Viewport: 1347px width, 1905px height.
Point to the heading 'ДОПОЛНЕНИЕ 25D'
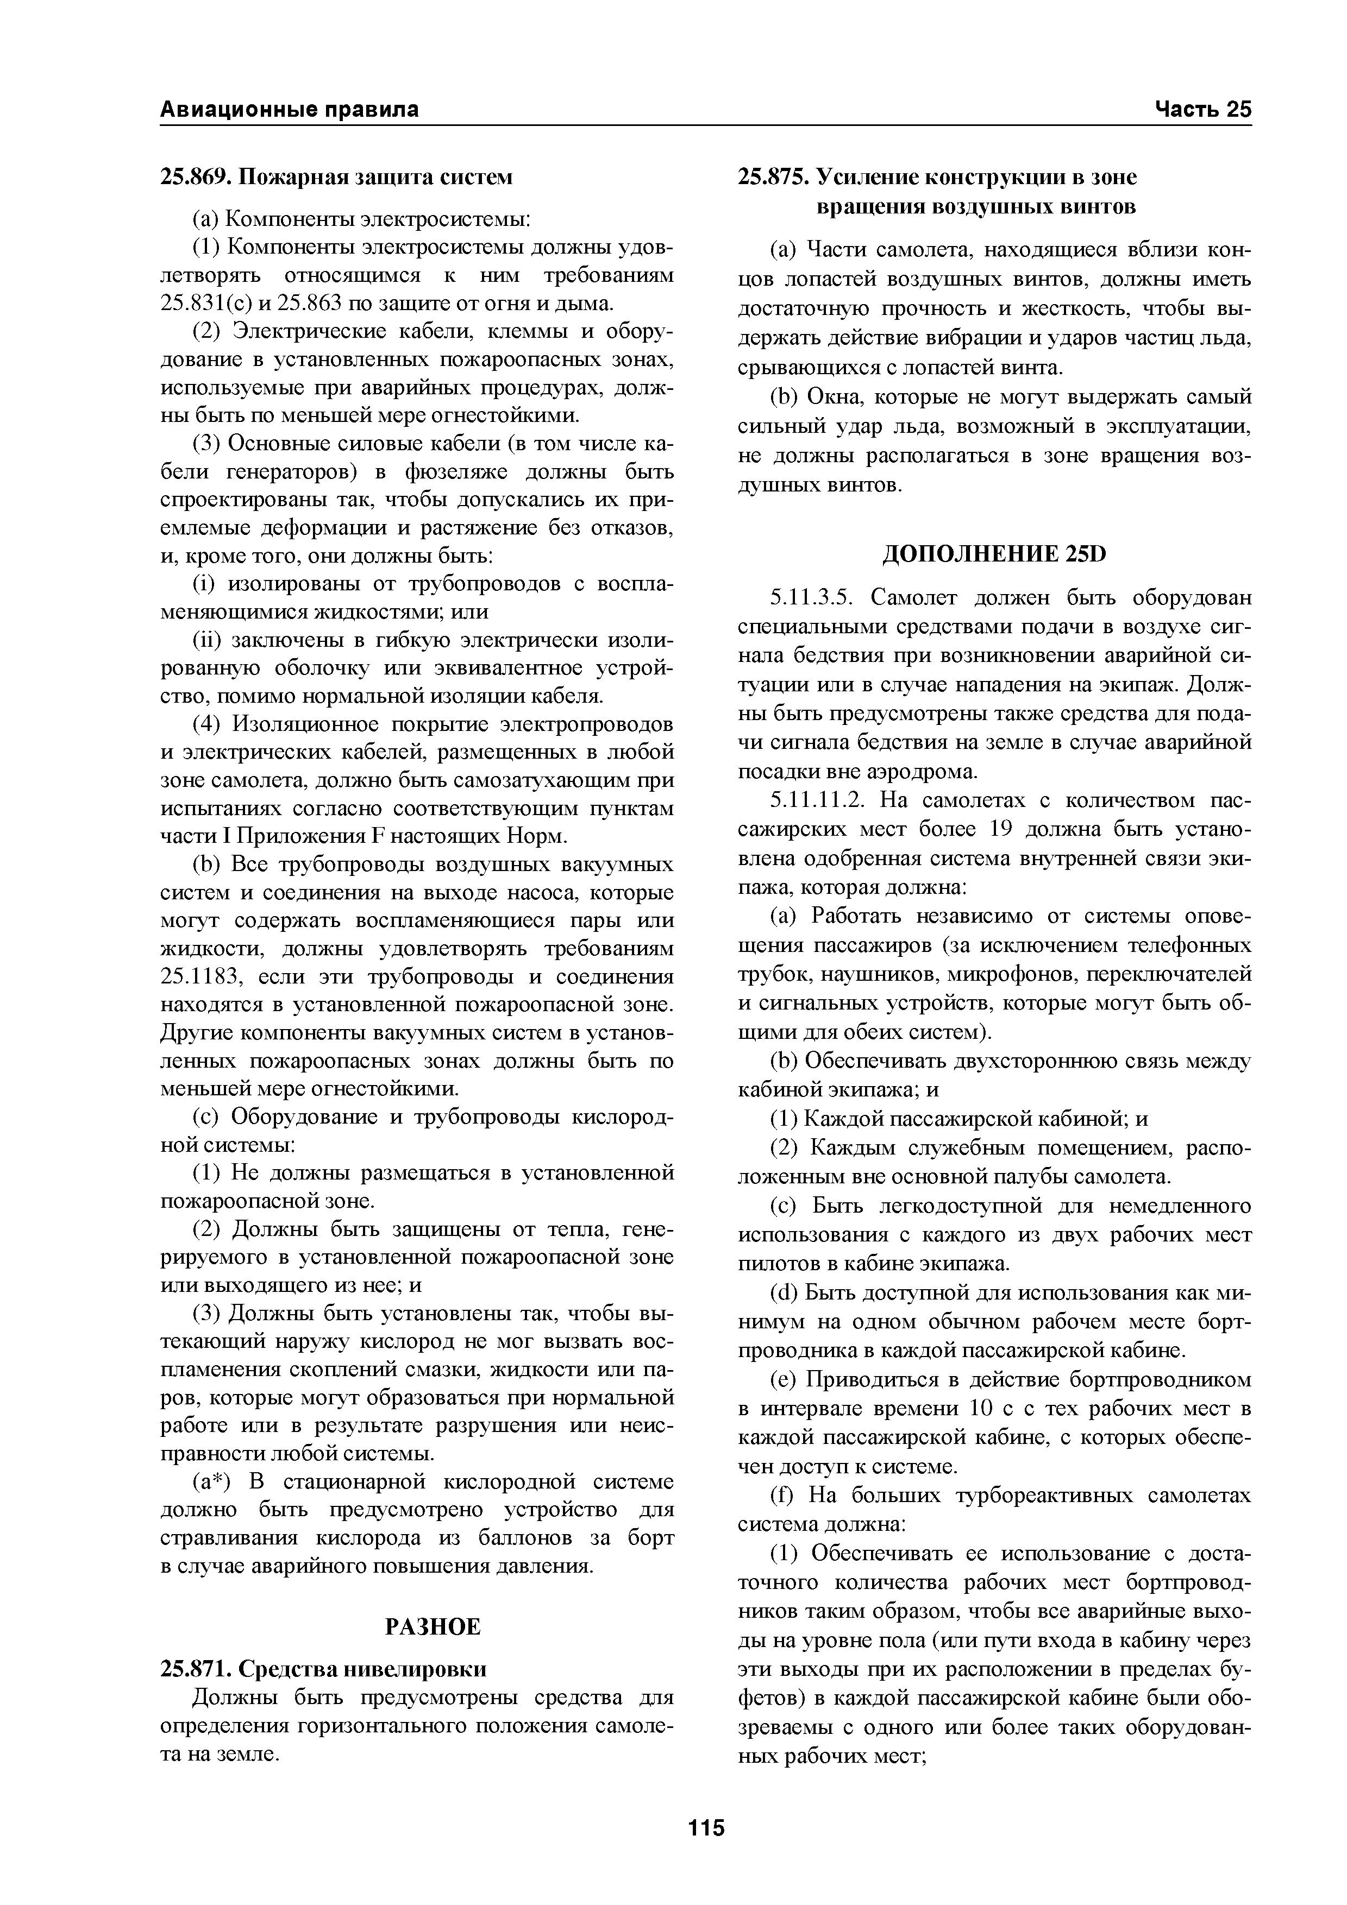(x=994, y=554)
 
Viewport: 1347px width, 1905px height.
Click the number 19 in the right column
(x=1000, y=830)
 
